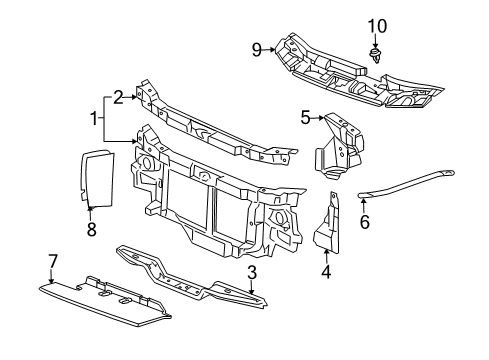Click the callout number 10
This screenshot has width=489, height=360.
point(377,26)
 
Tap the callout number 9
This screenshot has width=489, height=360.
point(257,50)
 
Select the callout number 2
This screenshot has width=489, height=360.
point(118,97)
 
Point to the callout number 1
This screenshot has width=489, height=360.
point(95,119)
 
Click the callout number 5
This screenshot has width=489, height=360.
point(305,117)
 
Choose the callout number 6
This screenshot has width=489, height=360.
point(365,222)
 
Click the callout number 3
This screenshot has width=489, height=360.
point(252,272)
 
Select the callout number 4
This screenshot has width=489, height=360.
point(326,271)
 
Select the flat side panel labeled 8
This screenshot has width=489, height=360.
point(97,179)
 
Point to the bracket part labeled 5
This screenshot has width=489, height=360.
point(339,146)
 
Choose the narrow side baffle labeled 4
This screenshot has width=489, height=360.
point(327,223)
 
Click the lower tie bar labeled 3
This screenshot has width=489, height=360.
point(191,277)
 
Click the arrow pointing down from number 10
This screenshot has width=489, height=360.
point(375,41)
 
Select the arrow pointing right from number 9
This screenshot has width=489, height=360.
point(268,50)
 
